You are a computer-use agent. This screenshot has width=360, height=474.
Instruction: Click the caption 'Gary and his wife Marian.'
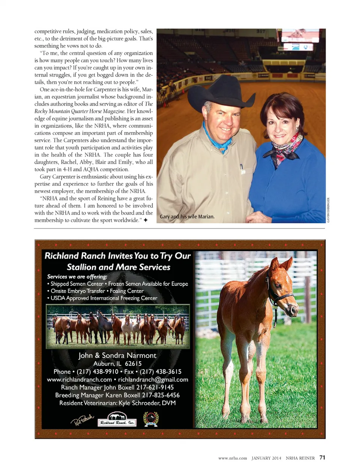[187, 217]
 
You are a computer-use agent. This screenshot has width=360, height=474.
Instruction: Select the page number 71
[322, 458]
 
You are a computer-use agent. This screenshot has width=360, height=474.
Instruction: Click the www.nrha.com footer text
[232, 458]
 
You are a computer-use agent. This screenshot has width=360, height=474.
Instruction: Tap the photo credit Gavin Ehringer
[328, 210]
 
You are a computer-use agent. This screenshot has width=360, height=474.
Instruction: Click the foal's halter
[279, 296]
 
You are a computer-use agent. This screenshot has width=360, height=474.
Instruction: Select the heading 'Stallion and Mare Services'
[118, 267]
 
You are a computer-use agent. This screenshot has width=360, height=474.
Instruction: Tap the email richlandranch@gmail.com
[153, 380]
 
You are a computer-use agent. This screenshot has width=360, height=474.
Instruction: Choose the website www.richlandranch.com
[79, 380]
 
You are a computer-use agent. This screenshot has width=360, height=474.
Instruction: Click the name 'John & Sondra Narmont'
[117, 355]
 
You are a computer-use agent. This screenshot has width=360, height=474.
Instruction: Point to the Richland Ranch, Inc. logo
[117, 420]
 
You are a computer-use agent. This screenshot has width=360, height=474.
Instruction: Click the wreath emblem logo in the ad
[151, 419]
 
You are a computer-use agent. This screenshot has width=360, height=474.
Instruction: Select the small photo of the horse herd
[118, 326]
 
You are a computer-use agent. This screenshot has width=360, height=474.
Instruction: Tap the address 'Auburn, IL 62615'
[117, 363]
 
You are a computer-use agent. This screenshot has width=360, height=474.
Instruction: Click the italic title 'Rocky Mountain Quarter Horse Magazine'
[80, 111]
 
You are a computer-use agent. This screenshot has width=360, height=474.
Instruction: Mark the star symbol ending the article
[145, 220]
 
